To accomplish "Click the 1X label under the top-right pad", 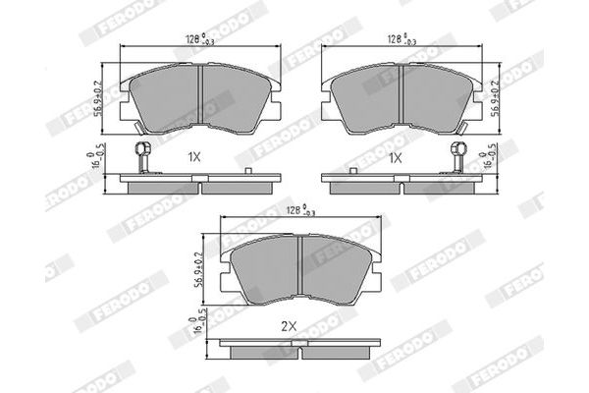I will pyautogui.click(x=398, y=157).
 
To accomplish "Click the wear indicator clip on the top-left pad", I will pyautogui.click(x=140, y=157).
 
